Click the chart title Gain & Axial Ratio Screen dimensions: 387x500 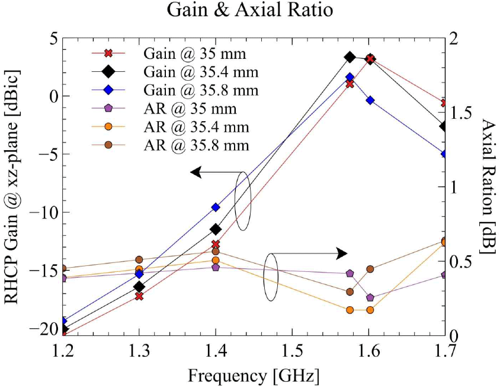click(x=250, y=11)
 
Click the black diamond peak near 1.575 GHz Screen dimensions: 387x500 click(x=350, y=57)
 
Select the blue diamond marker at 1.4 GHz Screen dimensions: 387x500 click(x=216, y=207)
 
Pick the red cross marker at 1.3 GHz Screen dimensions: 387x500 click(x=139, y=296)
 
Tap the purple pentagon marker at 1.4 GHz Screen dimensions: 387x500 click(x=216, y=267)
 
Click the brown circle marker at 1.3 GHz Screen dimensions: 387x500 click(x=139, y=259)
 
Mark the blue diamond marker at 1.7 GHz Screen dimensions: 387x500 click(x=444, y=154)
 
